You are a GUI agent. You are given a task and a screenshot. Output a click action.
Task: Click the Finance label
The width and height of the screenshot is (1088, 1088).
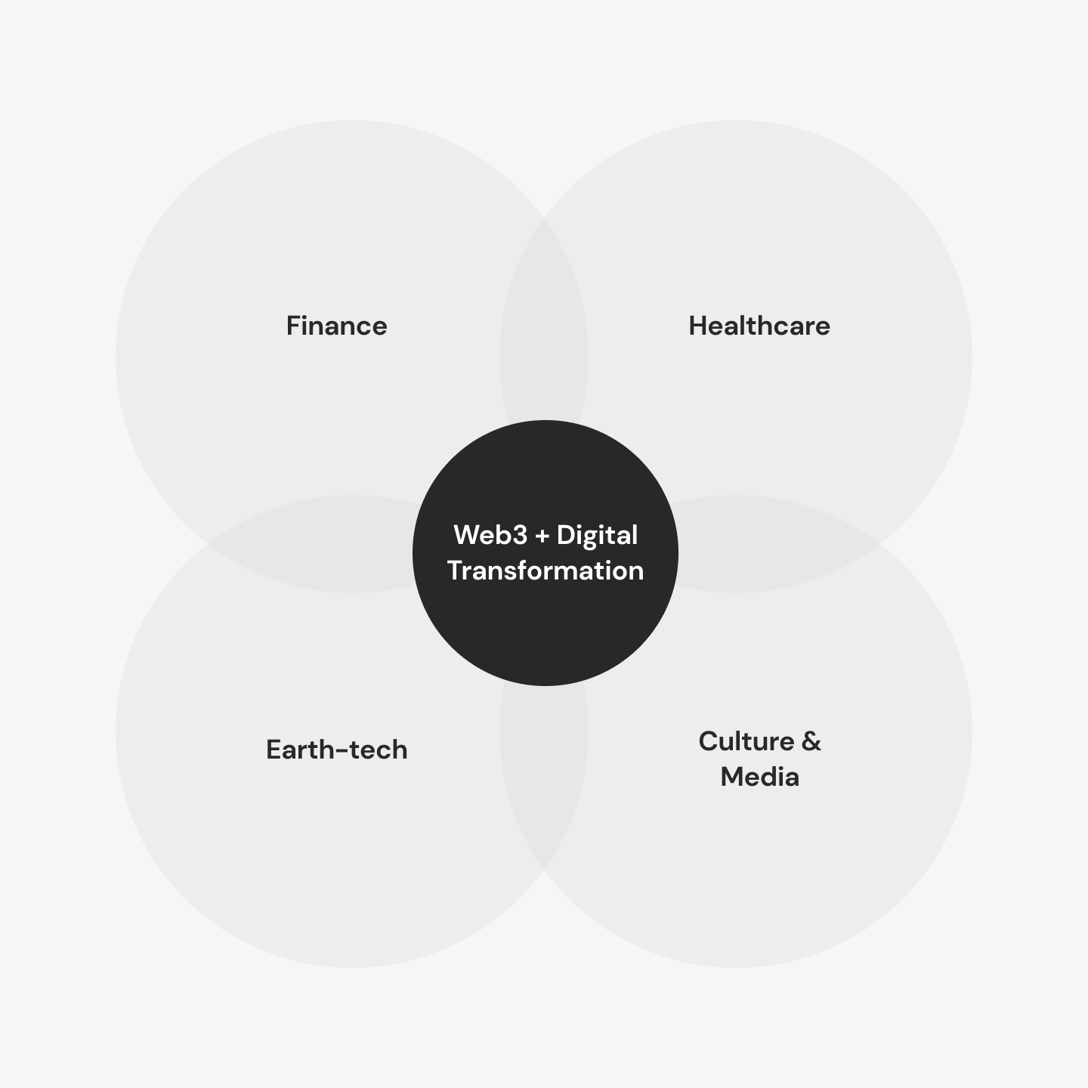click(x=336, y=326)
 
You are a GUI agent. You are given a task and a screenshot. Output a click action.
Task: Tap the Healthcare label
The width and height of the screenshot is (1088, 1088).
click(x=759, y=326)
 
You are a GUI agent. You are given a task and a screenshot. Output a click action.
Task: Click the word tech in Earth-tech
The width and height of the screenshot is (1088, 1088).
click(x=379, y=750)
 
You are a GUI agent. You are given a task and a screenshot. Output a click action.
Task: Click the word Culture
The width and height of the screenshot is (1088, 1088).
click(x=746, y=741)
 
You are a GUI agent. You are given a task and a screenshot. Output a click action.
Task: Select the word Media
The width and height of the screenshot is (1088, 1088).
click(x=760, y=777)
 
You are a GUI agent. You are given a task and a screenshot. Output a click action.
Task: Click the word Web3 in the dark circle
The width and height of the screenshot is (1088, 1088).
click(x=490, y=535)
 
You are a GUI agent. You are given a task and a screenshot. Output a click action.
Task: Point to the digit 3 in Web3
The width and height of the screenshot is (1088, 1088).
click(x=519, y=536)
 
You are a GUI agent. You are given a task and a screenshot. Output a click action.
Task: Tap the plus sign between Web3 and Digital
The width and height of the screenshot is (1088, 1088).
click(x=542, y=536)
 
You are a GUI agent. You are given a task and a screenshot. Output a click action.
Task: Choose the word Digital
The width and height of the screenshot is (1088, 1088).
click(x=598, y=536)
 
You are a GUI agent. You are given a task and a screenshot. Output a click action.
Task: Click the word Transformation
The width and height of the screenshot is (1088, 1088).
click(x=546, y=570)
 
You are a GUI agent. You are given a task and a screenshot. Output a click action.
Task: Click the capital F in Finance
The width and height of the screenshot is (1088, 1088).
click(x=293, y=326)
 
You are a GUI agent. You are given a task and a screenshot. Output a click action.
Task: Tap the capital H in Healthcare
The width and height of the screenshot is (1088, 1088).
click(x=698, y=326)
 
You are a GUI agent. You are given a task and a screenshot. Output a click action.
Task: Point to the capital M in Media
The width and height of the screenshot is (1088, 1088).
click(x=732, y=777)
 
